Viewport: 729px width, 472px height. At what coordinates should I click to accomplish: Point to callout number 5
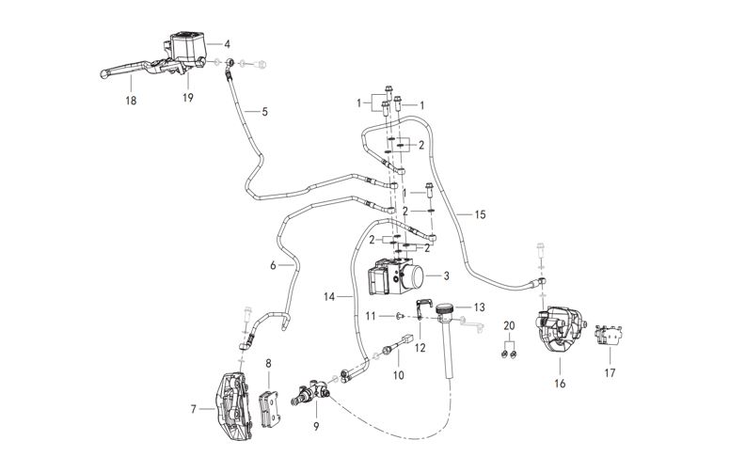click(x=264, y=112)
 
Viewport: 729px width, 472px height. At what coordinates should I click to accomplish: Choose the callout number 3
click(x=446, y=275)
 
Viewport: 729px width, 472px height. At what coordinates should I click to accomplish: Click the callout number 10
click(x=398, y=375)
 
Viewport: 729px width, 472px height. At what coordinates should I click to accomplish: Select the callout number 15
click(x=480, y=215)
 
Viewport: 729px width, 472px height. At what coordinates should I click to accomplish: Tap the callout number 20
click(x=510, y=324)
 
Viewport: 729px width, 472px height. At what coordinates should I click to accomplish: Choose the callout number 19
click(x=186, y=96)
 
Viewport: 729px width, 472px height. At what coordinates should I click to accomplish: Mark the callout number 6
click(x=274, y=266)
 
